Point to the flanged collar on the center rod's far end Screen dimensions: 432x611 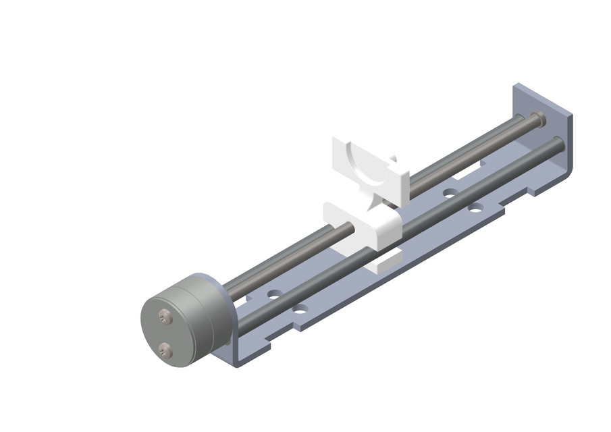coord(537,119)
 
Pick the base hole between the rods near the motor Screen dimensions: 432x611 coord(273,295)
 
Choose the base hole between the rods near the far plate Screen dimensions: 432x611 coord(450,193)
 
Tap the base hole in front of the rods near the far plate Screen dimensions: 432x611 coord(476,207)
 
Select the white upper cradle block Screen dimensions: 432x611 coord(368,169)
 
